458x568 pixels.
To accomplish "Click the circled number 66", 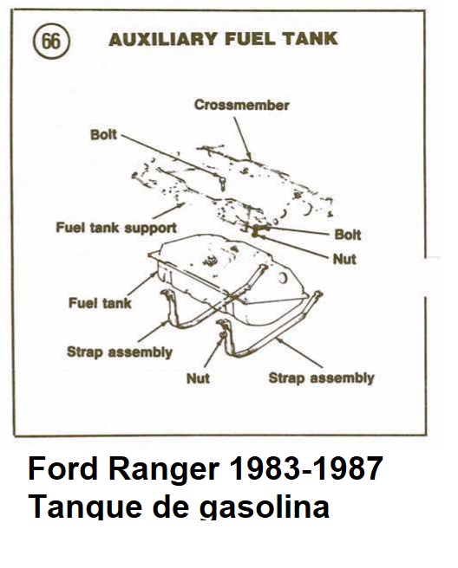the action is pos(51,41).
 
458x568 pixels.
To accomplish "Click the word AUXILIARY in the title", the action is pos(163,39).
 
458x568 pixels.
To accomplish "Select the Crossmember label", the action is pos(241,105).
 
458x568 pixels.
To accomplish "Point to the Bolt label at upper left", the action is pos(103,135).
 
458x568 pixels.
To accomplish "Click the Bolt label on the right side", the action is pos(348,235).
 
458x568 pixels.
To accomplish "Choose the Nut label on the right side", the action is pos(344,259).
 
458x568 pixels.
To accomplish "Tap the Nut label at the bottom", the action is pos(198,378).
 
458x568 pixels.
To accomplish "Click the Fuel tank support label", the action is pos(116,228).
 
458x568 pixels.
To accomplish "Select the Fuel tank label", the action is pos(100,303).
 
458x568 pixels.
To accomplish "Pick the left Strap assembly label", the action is pos(120,352).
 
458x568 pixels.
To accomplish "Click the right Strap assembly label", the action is pos(321,378).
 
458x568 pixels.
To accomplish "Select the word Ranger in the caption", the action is pos(164,470).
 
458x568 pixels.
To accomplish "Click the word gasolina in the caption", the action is pos(265,506).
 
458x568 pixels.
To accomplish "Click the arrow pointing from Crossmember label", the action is pos(242,139).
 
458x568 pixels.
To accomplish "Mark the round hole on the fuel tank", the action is pos(282,278).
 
